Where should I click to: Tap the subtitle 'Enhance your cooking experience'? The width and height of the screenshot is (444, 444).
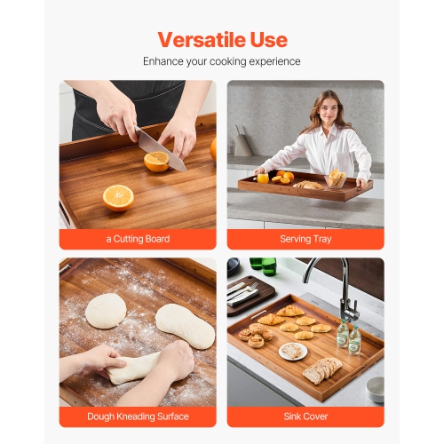[222, 61]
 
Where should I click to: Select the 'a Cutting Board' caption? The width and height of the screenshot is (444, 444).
[138, 239]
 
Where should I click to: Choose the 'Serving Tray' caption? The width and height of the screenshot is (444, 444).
[306, 239]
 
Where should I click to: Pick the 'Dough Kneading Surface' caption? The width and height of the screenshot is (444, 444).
[138, 416]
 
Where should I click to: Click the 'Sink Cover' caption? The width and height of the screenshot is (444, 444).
[306, 416]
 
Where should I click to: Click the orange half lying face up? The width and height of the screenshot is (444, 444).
[118, 196]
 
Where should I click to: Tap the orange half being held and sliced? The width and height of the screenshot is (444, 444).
[156, 161]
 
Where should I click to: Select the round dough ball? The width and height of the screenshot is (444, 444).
[106, 310]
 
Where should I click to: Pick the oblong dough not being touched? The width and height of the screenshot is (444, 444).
[185, 326]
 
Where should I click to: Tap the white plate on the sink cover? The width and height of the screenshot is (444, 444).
[293, 351]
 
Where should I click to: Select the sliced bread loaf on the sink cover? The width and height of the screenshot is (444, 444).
[321, 369]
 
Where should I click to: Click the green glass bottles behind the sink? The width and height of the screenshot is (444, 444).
[262, 265]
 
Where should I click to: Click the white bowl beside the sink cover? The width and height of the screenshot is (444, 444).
[376, 388]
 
